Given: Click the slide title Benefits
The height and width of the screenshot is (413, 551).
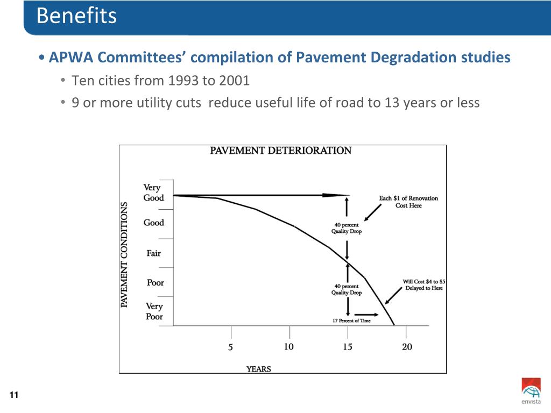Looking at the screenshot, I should click(x=76, y=16).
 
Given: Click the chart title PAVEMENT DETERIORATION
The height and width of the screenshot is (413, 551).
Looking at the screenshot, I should click(x=280, y=151).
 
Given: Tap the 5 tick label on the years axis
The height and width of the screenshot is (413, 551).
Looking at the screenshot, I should click(x=231, y=347).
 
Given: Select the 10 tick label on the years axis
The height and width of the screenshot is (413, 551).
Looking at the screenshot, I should click(x=289, y=346).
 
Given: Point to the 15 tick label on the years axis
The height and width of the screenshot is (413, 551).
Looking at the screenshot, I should click(x=348, y=347).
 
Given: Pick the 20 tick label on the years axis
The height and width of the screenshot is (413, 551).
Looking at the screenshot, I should click(x=407, y=347).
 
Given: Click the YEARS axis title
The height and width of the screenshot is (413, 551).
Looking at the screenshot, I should click(x=259, y=369).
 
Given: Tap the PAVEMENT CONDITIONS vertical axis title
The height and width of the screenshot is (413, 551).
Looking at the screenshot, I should click(x=124, y=255).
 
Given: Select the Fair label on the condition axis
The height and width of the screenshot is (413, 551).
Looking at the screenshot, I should click(x=153, y=253).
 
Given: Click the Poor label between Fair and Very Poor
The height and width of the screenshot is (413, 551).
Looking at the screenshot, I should click(x=155, y=283).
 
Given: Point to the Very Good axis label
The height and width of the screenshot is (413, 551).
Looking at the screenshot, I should click(x=153, y=193).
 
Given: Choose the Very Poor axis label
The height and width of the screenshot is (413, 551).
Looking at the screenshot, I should click(x=154, y=311).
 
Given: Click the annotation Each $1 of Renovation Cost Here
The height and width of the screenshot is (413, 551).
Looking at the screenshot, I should click(x=408, y=202).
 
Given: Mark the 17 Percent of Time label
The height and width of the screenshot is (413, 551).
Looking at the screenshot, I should click(x=351, y=321).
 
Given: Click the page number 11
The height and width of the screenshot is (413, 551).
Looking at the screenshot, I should click(x=14, y=396).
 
